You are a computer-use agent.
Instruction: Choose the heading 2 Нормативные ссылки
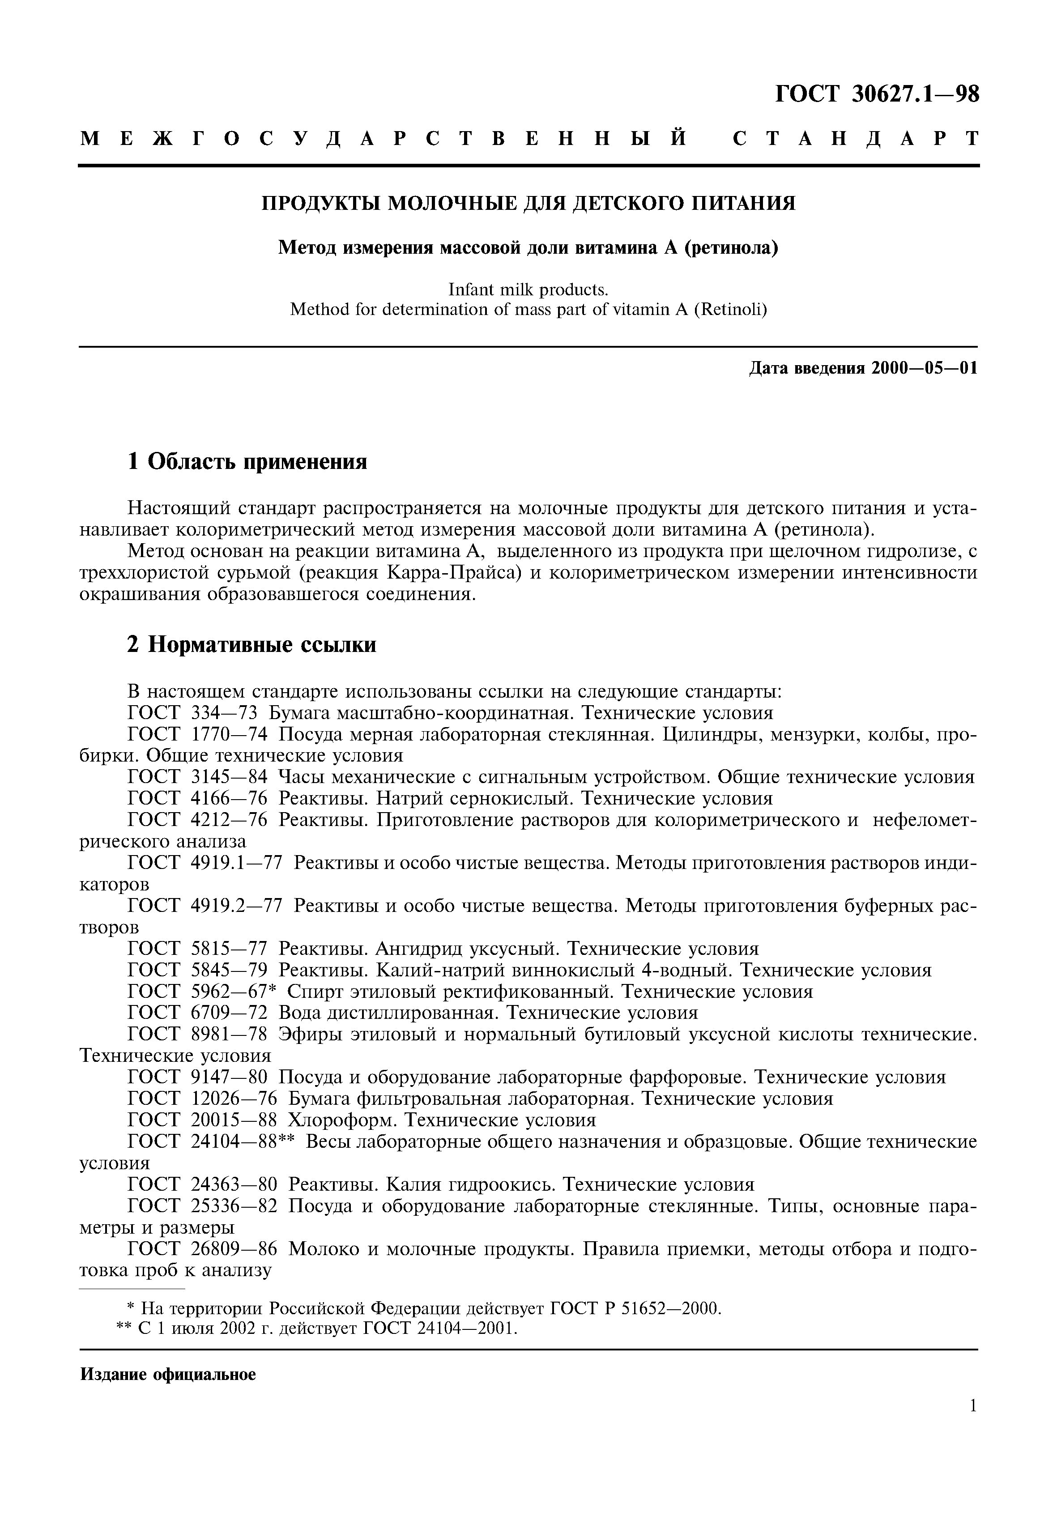coord(251,644)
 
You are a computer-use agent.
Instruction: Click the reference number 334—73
coord(223,713)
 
